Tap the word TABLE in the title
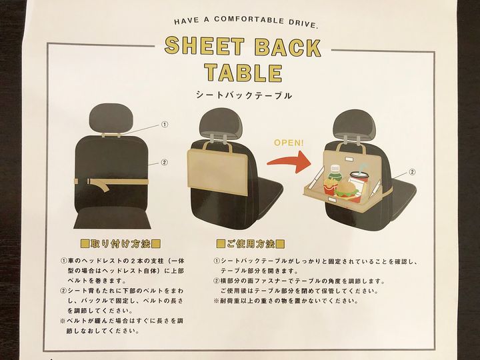[243, 73]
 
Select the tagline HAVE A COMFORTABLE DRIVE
[246, 22]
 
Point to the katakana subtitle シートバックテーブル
[244, 95]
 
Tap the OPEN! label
[289, 143]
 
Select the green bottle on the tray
[335, 175]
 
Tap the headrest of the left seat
[112, 119]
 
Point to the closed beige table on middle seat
[217, 173]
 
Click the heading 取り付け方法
[121, 244]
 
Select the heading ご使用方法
[251, 244]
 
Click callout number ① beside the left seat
[165, 125]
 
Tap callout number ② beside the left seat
[164, 163]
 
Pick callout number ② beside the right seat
[412, 172]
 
